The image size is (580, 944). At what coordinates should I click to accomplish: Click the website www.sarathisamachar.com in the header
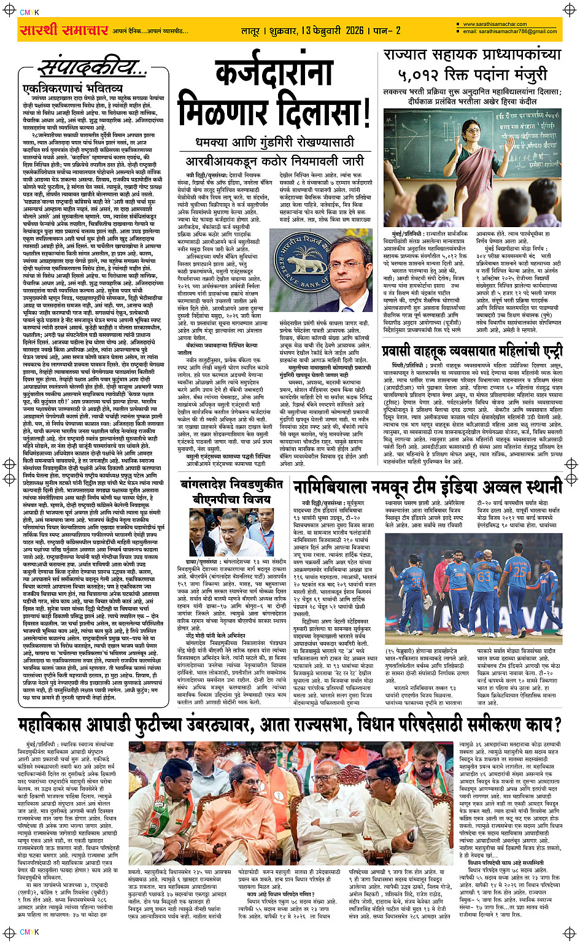click(x=495, y=25)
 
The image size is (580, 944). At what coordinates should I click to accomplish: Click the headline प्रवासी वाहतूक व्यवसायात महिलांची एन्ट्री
click(x=472, y=352)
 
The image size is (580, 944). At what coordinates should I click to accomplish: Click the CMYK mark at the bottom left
click(x=29, y=932)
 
